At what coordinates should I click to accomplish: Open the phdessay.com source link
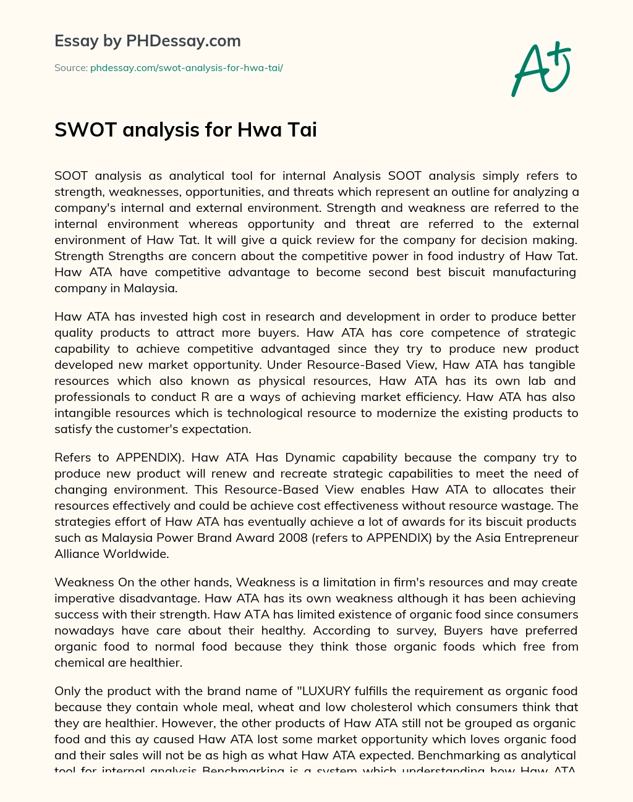click(186, 68)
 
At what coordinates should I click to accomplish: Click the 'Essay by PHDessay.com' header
click(148, 41)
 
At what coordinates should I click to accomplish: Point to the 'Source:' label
click(70, 68)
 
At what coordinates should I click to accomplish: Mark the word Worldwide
click(135, 554)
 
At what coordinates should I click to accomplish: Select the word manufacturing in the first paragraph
click(525, 272)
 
